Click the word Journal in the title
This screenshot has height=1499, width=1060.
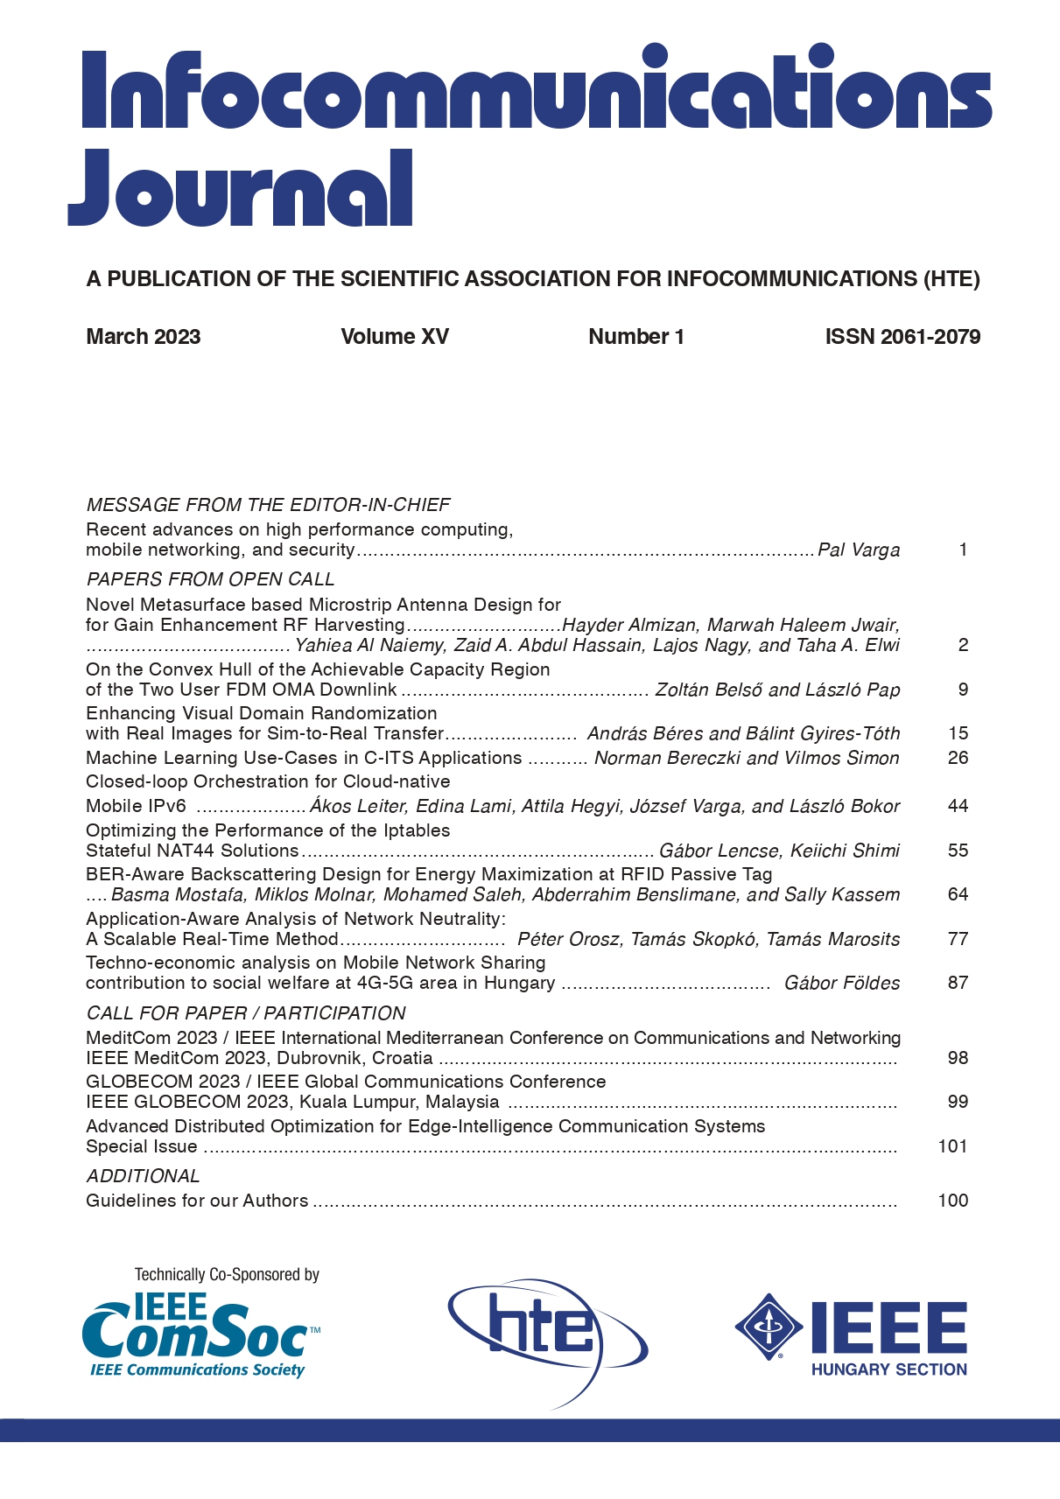coord(241,188)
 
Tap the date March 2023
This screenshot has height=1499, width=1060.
coord(143,337)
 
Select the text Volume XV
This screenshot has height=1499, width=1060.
coord(395,337)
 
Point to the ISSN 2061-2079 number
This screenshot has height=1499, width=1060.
coord(902,337)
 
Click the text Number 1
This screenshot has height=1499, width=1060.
coord(636,337)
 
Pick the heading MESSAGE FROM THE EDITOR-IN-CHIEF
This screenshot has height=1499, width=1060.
coord(268,505)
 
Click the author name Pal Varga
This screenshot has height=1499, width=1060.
coord(859,550)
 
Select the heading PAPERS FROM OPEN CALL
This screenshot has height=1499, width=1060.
coord(210,579)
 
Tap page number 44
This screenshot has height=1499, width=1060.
coord(958,806)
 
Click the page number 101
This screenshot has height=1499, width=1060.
coord(952,1146)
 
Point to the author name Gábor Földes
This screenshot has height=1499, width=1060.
coord(842,983)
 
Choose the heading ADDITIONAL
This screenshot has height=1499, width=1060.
coord(143,1176)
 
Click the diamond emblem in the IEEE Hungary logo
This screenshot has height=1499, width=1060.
coord(769,1326)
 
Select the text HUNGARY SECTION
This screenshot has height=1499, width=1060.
coord(888,1369)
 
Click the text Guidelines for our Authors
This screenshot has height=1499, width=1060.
coord(197,1201)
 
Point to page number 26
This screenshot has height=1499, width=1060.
coord(958,758)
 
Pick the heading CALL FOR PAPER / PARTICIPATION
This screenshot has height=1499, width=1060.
coord(246,1013)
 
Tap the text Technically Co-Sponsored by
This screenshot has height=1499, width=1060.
coord(227,1275)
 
